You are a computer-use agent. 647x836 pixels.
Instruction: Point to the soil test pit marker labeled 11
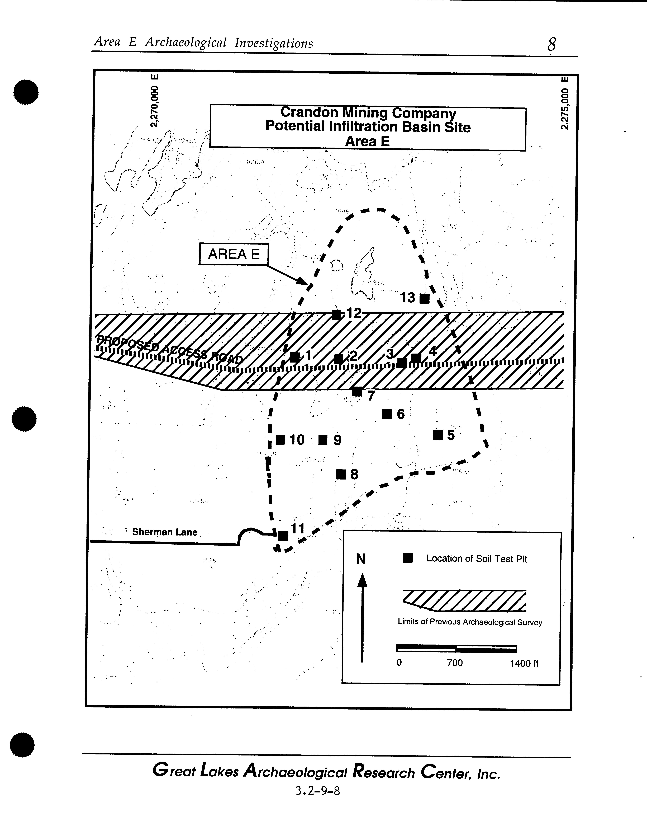(x=283, y=536)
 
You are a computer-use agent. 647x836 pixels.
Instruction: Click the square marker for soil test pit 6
(x=387, y=414)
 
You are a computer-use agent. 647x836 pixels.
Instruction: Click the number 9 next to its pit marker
(x=337, y=441)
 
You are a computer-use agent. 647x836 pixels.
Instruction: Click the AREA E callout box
(x=233, y=254)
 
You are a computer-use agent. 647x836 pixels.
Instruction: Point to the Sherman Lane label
(x=165, y=532)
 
